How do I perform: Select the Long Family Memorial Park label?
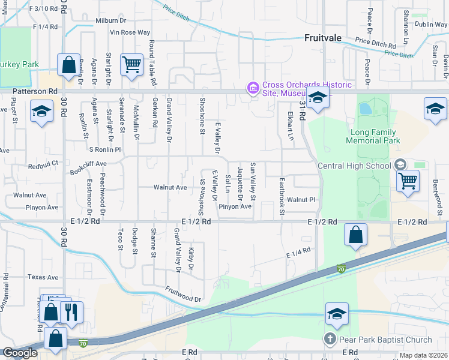pyautogui.click(x=373, y=136)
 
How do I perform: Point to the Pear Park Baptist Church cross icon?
pyautogui.click(x=330, y=340)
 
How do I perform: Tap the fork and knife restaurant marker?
pyautogui.click(x=71, y=312)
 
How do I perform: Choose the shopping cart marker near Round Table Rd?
pyautogui.click(x=131, y=63)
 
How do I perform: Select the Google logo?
pyautogui.click(x=19, y=353)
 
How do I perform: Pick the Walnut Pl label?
pyautogui.click(x=301, y=199)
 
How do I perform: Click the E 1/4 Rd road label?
pyautogui.click(x=298, y=253)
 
